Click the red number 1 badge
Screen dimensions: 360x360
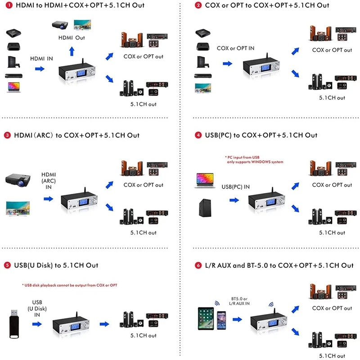(8, 5)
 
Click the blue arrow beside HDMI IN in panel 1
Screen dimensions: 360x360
(40, 69)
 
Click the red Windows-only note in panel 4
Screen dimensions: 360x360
(254, 159)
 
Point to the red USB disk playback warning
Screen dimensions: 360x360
(70, 285)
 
